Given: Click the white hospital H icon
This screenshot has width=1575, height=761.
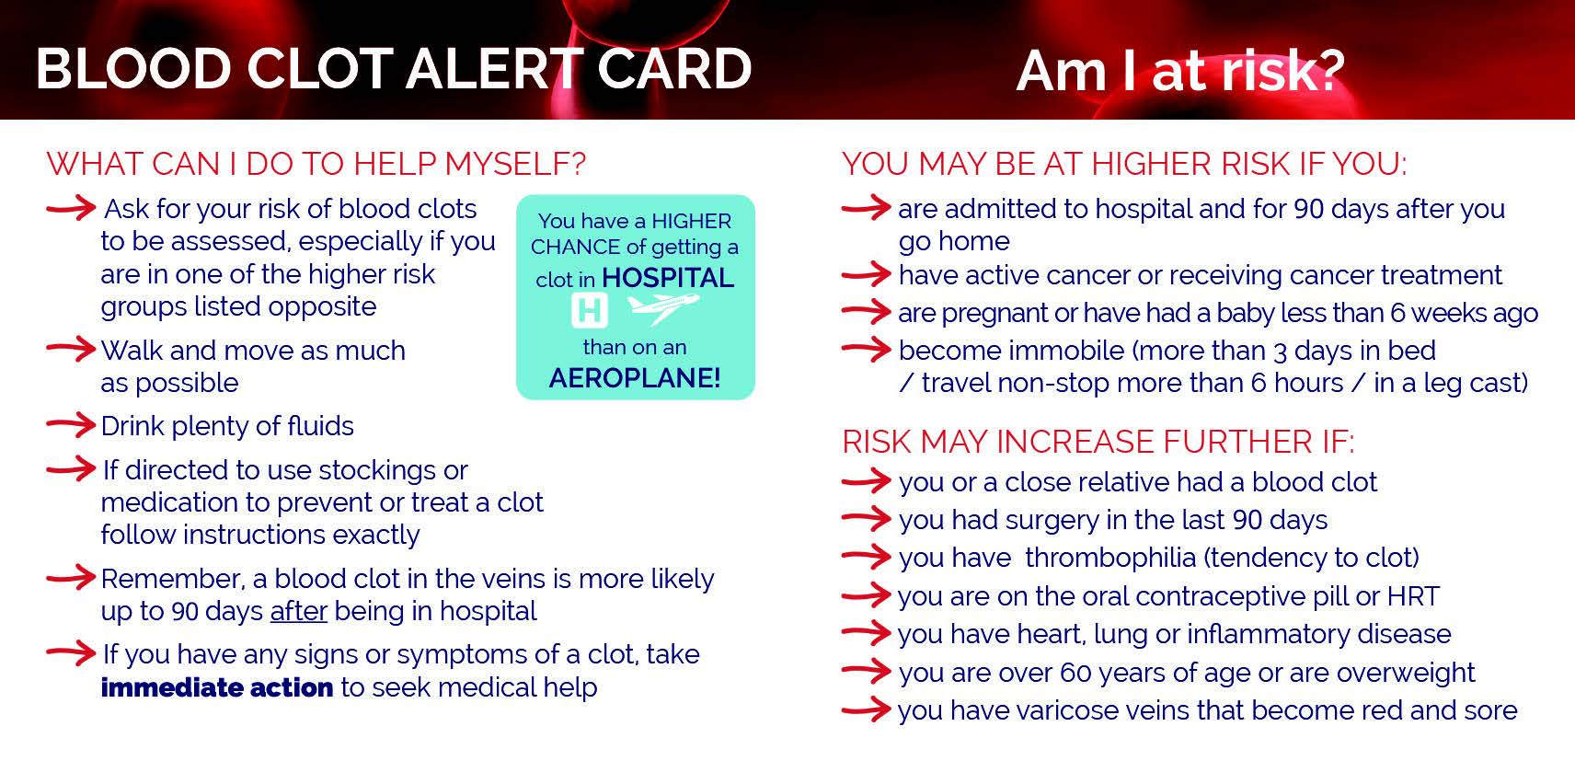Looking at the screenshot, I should click(589, 310).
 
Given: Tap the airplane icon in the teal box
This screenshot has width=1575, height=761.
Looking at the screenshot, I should click(662, 308).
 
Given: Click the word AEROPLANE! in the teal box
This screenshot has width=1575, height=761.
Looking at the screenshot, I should click(635, 377).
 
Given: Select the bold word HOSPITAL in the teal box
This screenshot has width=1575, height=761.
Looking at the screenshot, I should click(668, 278).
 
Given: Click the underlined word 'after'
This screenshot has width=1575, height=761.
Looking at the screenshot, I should click(298, 611).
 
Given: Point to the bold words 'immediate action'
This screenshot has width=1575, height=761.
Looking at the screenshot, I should click(217, 687).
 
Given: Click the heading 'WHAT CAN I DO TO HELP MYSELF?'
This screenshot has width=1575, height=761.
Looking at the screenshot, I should click(316, 164).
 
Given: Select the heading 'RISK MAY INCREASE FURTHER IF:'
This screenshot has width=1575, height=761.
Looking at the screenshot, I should click(1098, 442).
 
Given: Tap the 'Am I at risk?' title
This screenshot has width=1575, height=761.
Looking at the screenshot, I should click(1179, 71).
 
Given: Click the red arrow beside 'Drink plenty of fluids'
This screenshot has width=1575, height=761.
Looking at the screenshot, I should click(71, 425).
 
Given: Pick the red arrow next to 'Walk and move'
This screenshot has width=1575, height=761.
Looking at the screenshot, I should click(71, 350).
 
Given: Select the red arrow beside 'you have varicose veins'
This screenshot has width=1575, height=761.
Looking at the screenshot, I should click(867, 710).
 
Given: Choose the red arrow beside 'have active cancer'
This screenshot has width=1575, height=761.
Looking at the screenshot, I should click(867, 274).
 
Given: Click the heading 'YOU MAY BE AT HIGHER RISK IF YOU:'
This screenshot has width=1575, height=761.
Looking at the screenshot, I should click(1124, 164).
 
